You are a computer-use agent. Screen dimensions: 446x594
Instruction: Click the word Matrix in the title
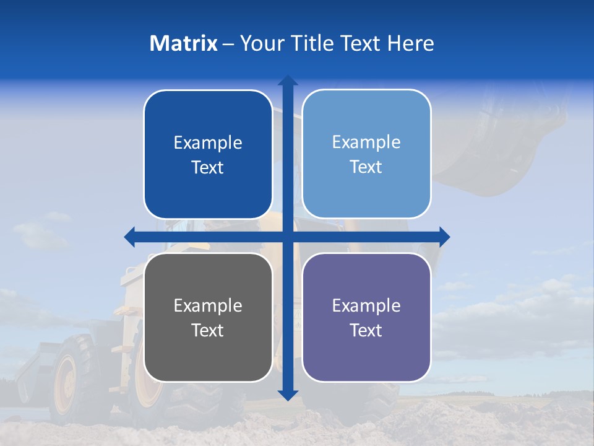point(184,43)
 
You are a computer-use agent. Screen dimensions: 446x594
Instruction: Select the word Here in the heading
point(410,43)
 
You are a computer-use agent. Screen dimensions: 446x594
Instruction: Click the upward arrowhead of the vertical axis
point(288,81)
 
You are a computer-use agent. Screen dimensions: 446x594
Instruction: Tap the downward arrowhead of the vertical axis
point(288,395)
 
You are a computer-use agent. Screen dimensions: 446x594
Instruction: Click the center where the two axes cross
point(288,237)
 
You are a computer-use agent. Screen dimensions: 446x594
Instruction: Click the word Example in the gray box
point(208,305)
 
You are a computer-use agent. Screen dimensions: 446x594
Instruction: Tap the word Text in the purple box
point(366,330)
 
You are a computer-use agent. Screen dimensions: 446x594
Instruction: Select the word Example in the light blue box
point(366,142)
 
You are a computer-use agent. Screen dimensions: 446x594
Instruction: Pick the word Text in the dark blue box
point(208,167)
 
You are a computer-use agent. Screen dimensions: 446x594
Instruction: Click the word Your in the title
point(262,43)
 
